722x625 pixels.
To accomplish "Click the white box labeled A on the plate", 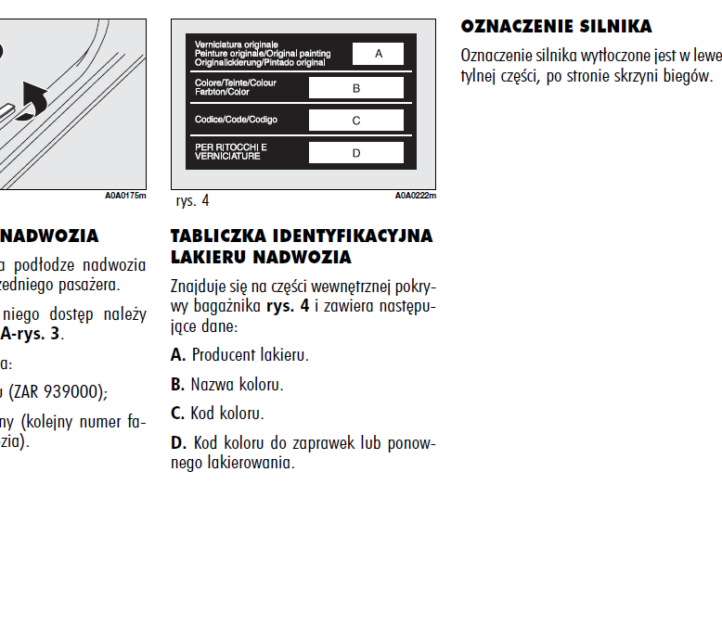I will click(378, 54).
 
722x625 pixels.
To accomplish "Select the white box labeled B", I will click(355, 88).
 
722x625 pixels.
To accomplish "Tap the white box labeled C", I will click(355, 121).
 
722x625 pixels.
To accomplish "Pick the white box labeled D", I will click(355, 153).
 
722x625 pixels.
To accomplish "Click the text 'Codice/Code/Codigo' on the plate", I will click(236, 120).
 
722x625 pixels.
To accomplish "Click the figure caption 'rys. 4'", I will click(192, 200).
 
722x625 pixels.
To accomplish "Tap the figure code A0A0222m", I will click(415, 196).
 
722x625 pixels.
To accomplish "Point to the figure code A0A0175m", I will click(125, 196).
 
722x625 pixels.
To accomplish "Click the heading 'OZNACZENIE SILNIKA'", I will click(556, 26).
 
